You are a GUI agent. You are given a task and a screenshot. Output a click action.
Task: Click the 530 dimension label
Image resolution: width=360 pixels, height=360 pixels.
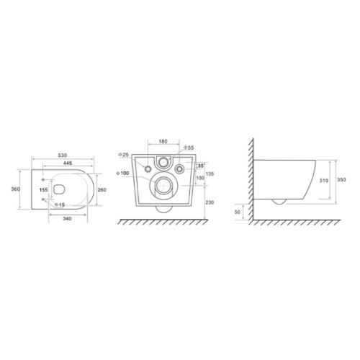[63, 156]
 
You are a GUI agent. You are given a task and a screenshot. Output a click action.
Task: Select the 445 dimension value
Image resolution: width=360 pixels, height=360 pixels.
[68, 163]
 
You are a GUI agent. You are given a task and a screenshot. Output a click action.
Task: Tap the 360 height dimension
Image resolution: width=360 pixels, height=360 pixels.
[16, 189]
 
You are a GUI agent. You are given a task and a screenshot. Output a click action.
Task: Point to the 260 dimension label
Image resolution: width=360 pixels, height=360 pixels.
[102, 190]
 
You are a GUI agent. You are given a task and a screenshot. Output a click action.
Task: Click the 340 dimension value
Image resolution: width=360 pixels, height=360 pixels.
[67, 219]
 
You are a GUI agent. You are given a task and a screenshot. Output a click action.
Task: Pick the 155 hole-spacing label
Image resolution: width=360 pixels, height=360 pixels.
[44, 190]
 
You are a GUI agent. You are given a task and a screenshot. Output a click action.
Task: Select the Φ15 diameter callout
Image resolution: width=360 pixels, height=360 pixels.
[60, 204]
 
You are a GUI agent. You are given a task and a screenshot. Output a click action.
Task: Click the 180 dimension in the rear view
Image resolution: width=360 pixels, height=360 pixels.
[163, 141]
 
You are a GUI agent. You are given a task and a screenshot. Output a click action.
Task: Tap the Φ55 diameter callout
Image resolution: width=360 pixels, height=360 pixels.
[189, 148]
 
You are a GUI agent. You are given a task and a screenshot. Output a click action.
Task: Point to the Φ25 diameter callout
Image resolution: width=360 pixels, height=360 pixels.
[124, 155]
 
